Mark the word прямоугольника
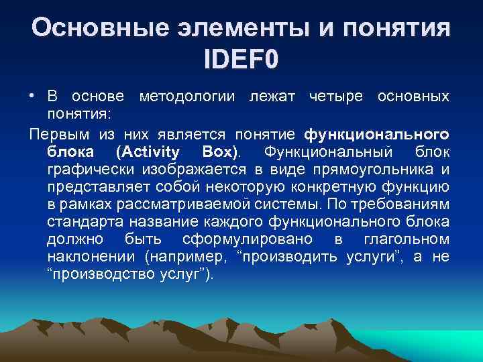382,168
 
